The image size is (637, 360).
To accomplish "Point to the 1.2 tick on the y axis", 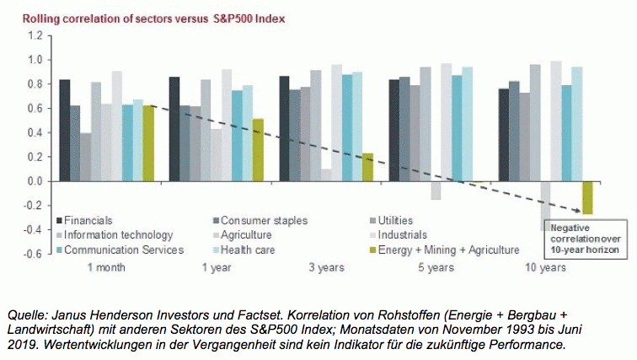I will point(34,36).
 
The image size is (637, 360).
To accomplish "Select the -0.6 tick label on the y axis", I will point(33,254).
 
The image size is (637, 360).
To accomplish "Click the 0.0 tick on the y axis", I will point(34,181).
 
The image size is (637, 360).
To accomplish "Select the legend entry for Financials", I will point(88,221).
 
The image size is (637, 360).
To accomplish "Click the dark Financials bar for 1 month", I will point(64,130).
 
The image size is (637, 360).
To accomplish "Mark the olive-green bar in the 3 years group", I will point(367,167).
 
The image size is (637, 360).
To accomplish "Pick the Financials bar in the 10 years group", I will point(503,135).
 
